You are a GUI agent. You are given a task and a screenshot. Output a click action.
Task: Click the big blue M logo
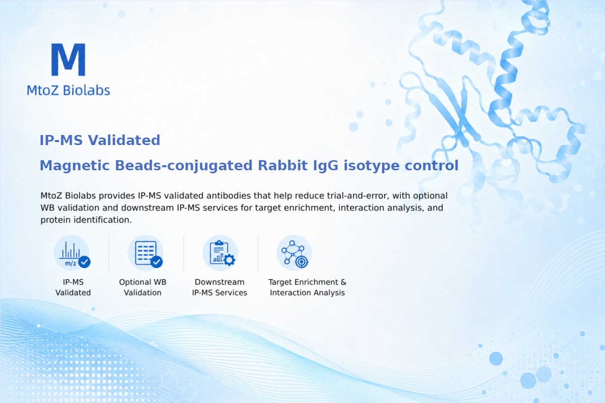click(69, 59)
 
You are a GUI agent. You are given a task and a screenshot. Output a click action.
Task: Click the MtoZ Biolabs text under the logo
click(69, 90)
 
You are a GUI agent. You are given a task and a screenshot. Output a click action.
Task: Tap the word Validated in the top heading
click(124, 141)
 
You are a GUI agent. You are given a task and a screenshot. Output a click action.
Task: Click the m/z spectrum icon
click(72, 253)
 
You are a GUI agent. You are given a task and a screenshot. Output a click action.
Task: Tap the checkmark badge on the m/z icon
click(84, 262)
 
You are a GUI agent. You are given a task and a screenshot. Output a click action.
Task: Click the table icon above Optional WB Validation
click(146, 253)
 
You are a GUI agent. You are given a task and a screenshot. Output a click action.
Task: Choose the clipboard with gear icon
click(220, 253)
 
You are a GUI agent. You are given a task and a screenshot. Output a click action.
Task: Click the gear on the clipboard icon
click(229, 260)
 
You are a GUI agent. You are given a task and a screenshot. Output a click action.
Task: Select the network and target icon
click(294, 253)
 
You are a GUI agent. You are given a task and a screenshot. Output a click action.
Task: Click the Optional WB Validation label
click(143, 287)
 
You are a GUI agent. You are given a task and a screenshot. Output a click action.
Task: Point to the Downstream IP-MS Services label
click(220, 287)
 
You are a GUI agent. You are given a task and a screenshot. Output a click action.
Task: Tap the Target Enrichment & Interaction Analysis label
click(308, 287)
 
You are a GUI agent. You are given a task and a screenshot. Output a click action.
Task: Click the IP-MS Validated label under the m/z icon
click(73, 287)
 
